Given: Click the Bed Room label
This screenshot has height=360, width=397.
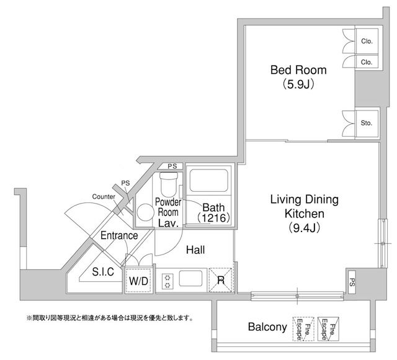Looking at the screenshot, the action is (x=298, y=70).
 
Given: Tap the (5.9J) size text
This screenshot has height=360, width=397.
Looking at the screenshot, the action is (x=298, y=84).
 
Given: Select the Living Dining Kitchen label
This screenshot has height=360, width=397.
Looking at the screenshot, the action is (x=305, y=207).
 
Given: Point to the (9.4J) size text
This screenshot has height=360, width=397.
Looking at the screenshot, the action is (x=305, y=228).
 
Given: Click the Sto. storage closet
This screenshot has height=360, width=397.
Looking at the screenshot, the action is (x=367, y=123).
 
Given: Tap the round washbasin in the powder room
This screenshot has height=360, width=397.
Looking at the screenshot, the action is (x=145, y=212).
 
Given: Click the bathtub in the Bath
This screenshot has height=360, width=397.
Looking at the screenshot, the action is (x=209, y=181).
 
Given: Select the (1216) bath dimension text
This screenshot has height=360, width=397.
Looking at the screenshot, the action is (x=213, y=218).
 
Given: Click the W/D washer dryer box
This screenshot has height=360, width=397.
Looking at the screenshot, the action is (x=139, y=281).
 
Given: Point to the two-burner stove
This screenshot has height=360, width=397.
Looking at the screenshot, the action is (x=167, y=281).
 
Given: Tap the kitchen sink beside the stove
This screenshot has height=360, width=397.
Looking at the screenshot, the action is (x=191, y=278).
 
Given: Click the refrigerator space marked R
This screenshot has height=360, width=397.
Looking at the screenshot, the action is (x=221, y=280).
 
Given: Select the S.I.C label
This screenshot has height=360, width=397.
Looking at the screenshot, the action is (x=103, y=272).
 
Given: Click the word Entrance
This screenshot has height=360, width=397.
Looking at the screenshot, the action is (x=119, y=236).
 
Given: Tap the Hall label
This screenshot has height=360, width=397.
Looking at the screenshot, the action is (x=195, y=250).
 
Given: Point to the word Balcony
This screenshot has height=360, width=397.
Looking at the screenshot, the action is (x=267, y=327).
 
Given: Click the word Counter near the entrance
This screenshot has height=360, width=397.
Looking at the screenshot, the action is (x=104, y=197).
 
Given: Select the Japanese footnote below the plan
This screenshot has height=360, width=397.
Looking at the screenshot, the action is (x=110, y=318).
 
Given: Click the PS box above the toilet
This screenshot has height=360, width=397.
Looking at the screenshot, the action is (x=172, y=166).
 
